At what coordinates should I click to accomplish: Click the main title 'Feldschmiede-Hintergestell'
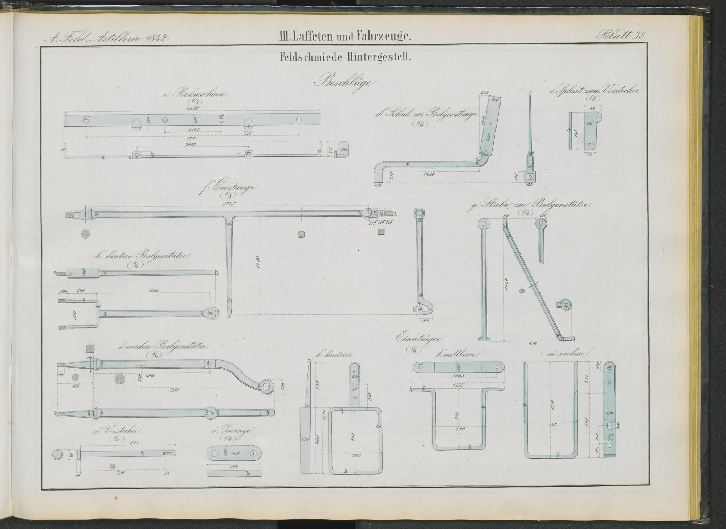[x=345, y=57]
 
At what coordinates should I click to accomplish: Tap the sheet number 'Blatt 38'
[x=620, y=36]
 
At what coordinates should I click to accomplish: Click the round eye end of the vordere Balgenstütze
[x=268, y=386]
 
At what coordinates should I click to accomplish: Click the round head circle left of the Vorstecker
[x=57, y=454]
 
